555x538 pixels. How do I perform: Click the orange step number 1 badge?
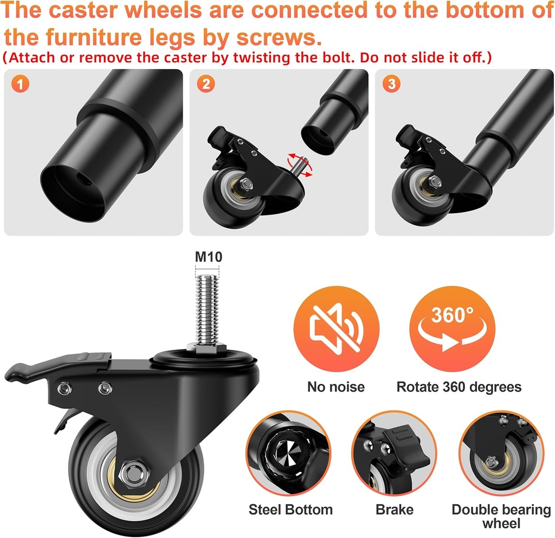[20, 84]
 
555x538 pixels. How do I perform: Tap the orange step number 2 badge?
[205, 84]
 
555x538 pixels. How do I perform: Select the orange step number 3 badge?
[391, 84]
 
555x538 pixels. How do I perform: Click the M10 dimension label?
[209, 257]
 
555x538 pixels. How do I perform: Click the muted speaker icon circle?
[336, 329]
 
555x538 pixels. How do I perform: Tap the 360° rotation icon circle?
[452, 329]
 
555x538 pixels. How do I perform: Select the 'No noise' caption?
[336, 387]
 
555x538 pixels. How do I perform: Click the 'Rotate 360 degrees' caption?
[459, 387]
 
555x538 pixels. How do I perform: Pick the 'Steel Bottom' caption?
[291, 510]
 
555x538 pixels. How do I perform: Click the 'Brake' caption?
[395, 510]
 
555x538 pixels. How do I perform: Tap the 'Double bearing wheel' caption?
[501, 516]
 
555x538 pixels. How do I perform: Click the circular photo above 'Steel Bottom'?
[288, 453]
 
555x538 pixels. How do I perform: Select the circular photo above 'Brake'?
[395, 453]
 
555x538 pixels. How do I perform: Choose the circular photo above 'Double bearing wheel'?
[501, 453]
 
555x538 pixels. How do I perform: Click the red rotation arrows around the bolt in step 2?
[299, 165]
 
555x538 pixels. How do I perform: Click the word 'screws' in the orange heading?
[279, 37]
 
